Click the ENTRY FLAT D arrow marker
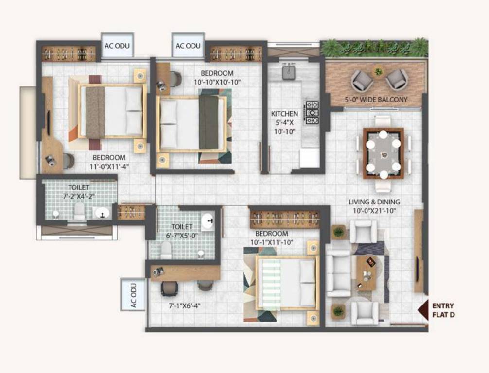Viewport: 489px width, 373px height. [x=423, y=309]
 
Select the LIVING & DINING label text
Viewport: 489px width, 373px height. [x=378, y=206]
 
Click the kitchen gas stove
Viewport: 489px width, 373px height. [x=311, y=113]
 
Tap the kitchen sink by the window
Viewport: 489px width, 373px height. [x=290, y=72]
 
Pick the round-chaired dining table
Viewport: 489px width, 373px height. [x=384, y=153]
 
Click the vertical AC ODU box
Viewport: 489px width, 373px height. [x=133, y=294]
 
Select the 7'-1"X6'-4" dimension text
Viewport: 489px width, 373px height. [x=184, y=306]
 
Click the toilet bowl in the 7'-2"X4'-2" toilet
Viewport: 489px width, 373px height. [x=79, y=210]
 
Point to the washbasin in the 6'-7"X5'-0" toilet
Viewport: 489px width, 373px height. [x=209, y=221]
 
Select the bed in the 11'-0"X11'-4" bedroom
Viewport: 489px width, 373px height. [x=113, y=111]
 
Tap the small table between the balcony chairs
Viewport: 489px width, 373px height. [x=379, y=72]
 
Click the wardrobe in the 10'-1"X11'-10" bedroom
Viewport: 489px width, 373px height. [x=284, y=219]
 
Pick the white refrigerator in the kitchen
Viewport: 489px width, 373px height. [x=309, y=158]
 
